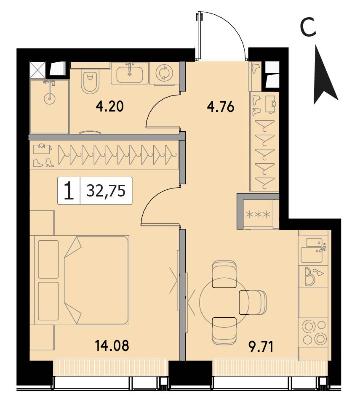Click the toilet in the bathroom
point(90,80)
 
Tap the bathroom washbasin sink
point(130,74)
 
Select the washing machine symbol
point(164,73)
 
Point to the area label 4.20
point(109,107)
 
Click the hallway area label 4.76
point(221,107)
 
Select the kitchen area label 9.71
point(261,347)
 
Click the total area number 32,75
point(106,191)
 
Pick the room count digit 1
point(69,191)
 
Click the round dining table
point(224,302)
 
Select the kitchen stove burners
point(314,332)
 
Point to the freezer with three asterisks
point(258,215)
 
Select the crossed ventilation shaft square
point(37,70)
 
